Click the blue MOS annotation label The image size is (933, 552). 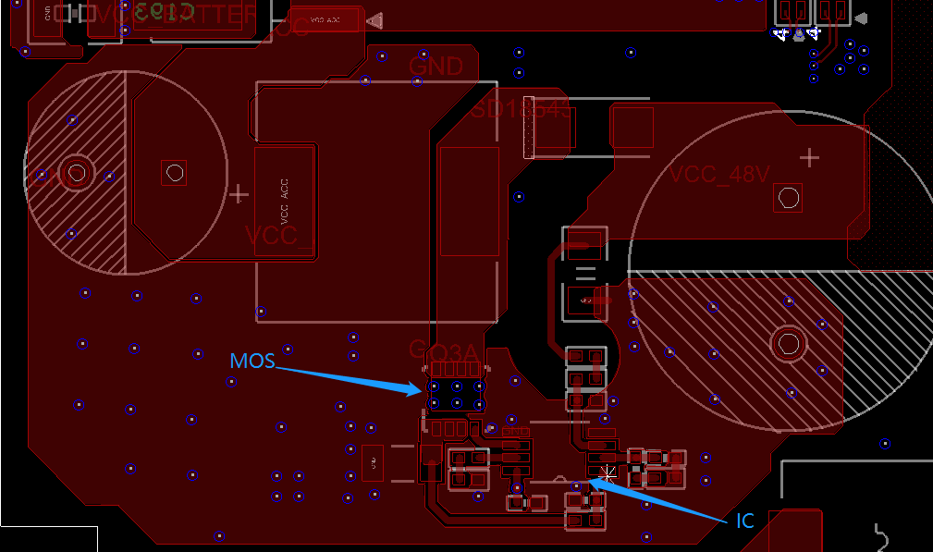pyautogui.click(x=252, y=361)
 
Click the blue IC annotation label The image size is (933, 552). pyautogui.click(x=745, y=521)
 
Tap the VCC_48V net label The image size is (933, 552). pyautogui.click(x=719, y=175)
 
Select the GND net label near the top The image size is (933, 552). pyautogui.click(x=436, y=67)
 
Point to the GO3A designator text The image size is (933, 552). pyautogui.click(x=444, y=351)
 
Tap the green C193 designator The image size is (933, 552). pyautogui.click(x=163, y=12)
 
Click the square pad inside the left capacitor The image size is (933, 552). pyautogui.click(x=174, y=172)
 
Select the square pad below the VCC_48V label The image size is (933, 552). pyautogui.click(x=789, y=197)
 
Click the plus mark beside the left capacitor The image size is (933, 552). pyautogui.click(x=239, y=194)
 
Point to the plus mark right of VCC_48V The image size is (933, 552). pyautogui.click(x=809, y=157)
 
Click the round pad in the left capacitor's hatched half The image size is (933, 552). pyautogui.click(x=77, y=172)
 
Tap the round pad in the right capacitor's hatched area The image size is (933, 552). pyautogui.click(x=789, y=343)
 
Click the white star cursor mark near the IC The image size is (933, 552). pyautogui.click(x=607, y=473)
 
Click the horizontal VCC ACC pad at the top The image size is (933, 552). pyautogui.click(x=324, y=19)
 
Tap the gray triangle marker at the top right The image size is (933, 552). pyautogui.click(x=861, y=18)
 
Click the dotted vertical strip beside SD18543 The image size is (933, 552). pyautogui.click(x=530, y=128)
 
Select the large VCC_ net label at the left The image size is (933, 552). pyautogui.click(x=277, y=235)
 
